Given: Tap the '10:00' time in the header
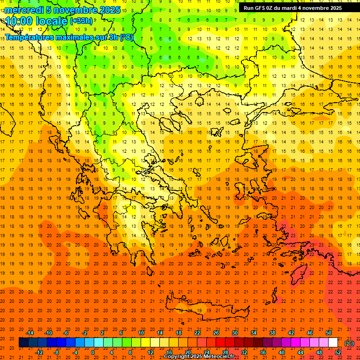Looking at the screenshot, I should click(19, 21).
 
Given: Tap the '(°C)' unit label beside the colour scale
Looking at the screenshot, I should click(349, 343).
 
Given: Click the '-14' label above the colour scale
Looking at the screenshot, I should click(30, 333).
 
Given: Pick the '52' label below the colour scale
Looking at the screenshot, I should click(338, 352).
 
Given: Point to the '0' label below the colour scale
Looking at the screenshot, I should click(93, 352).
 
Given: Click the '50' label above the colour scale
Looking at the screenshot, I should click(329, 333).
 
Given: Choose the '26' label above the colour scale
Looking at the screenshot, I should click(216, 333).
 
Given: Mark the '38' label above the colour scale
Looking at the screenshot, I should click(272, 333).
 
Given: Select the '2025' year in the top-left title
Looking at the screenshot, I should click(110, 10).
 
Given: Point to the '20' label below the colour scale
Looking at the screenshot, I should click(187, 352).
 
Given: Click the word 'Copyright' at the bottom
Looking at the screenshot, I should click(176, 357).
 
